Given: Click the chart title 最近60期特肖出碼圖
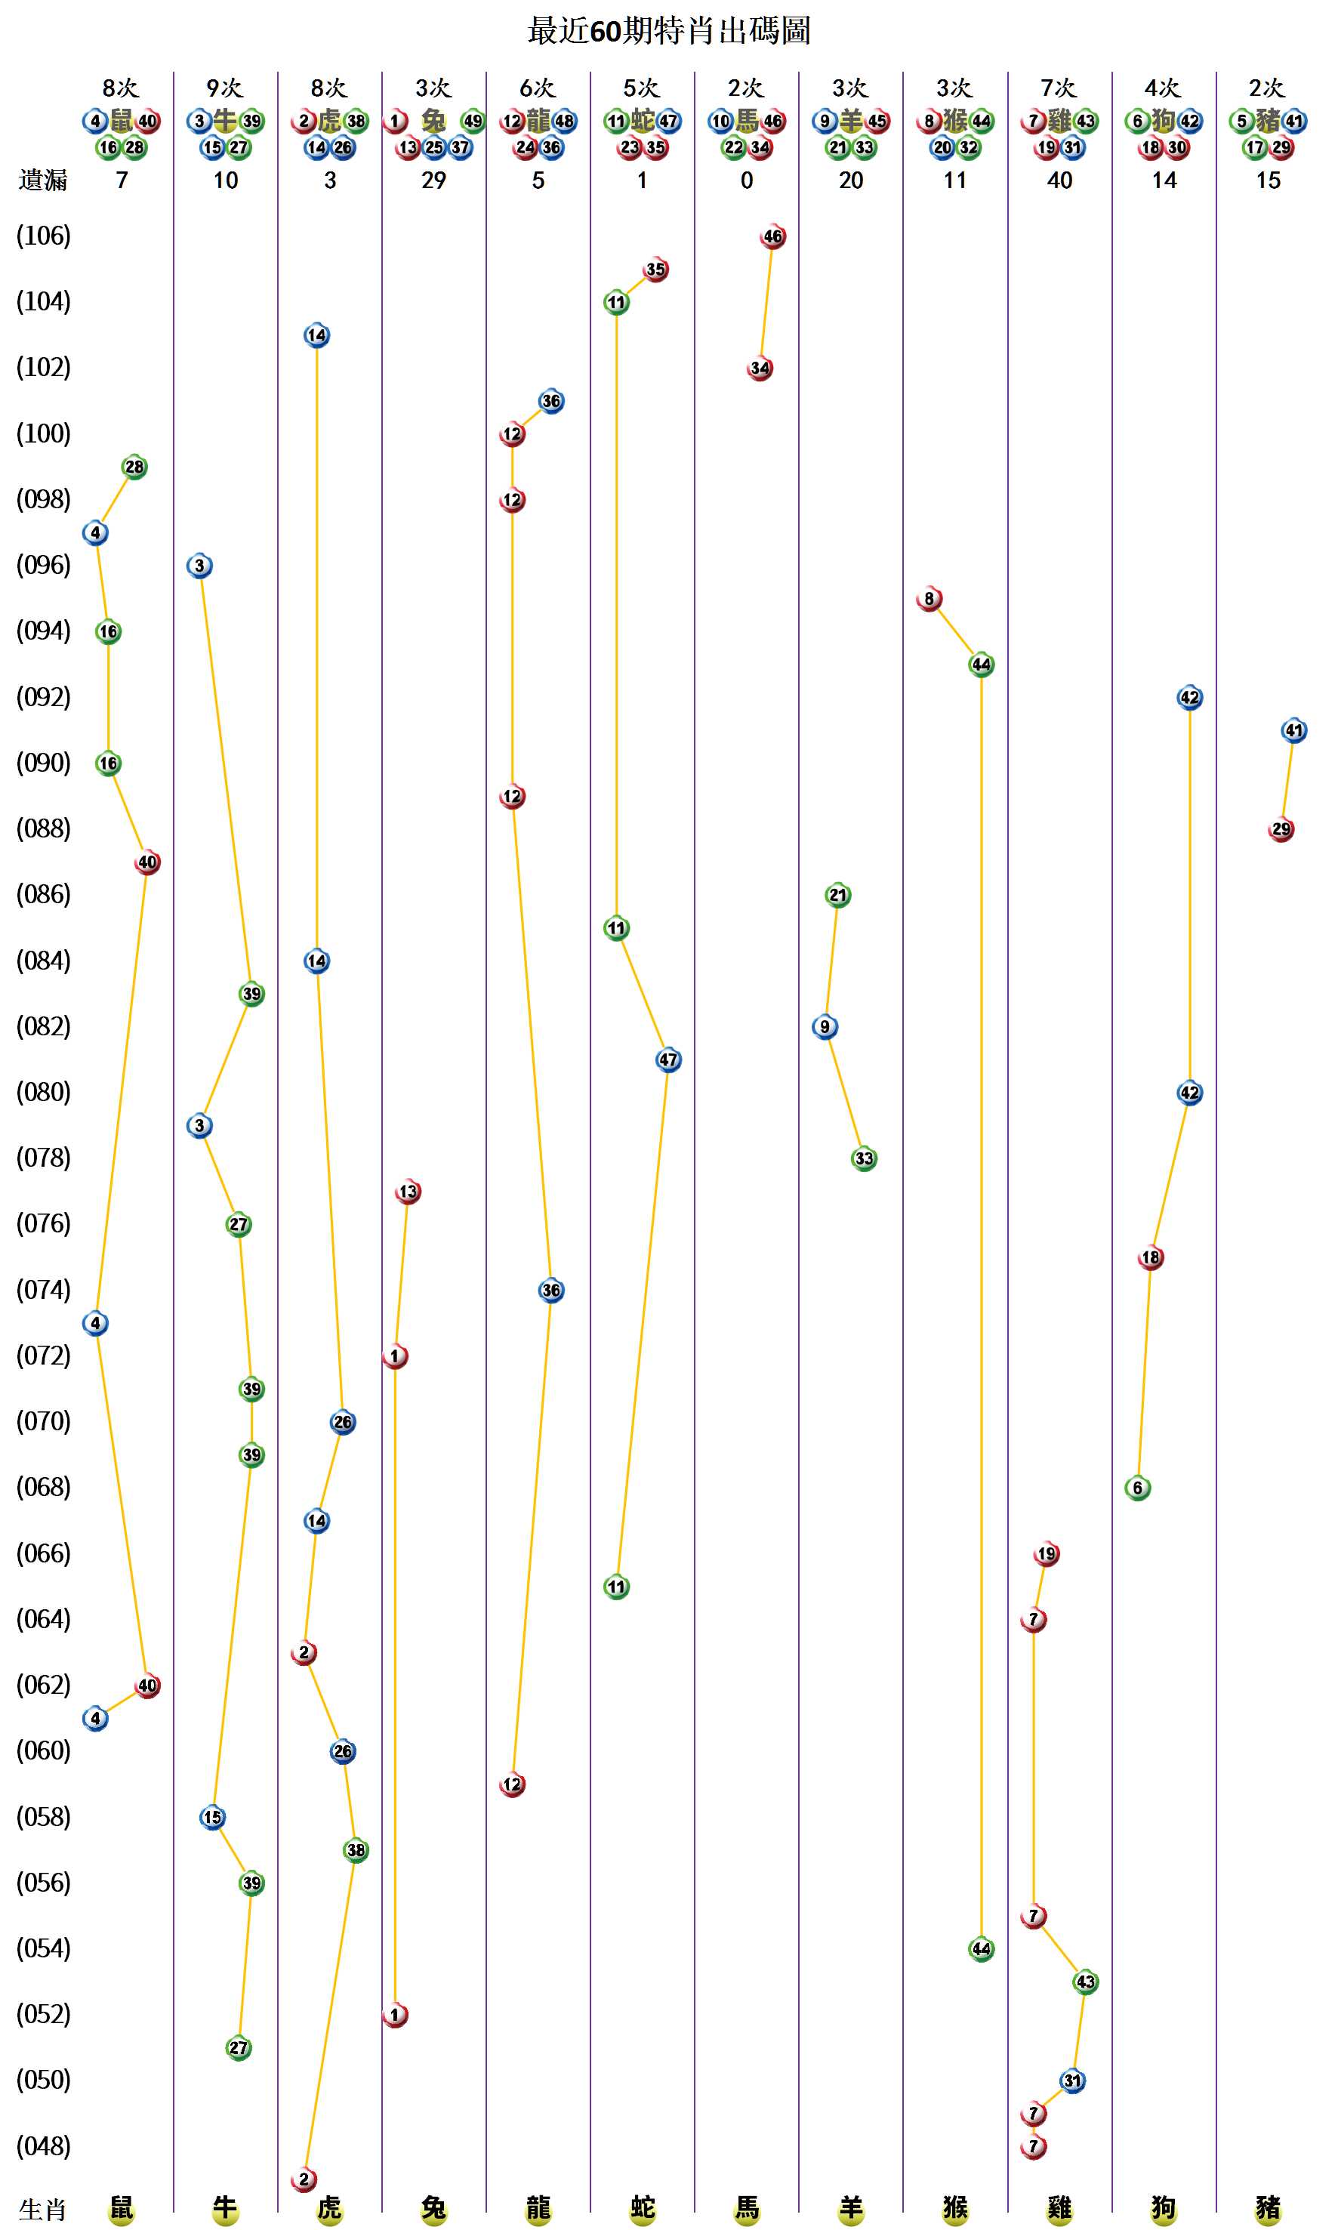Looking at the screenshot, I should tap(668, 31).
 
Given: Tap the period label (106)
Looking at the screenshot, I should tap(43, 236).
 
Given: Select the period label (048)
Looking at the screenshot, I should tap(43, 2146).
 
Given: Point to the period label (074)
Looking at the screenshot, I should tap(43, 1290).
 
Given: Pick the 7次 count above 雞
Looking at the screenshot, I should tap(1059, 88).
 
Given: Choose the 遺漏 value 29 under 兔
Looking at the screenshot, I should tap(433, 180).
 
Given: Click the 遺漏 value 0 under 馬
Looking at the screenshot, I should tap(747, 180).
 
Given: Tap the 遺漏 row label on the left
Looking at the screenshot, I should tap(42, 180).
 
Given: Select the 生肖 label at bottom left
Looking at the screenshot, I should tap(42, 2210).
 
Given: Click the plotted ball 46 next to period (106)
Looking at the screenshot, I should tap(772, 236).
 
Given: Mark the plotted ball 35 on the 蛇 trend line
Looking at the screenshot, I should tap(655, 270).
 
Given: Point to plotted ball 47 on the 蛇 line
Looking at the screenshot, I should tap(668, 1059).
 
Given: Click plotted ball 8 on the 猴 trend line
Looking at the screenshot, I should tap(929, 599).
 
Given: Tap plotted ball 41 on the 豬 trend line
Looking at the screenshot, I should tap(1293, 730).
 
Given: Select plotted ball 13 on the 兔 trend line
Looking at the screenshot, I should tap(408, 1191).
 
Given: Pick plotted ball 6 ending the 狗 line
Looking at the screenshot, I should tap(1138, 1488).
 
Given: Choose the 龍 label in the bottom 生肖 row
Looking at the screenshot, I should tap(538, 2208).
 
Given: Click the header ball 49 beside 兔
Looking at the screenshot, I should tap(473, 121).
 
